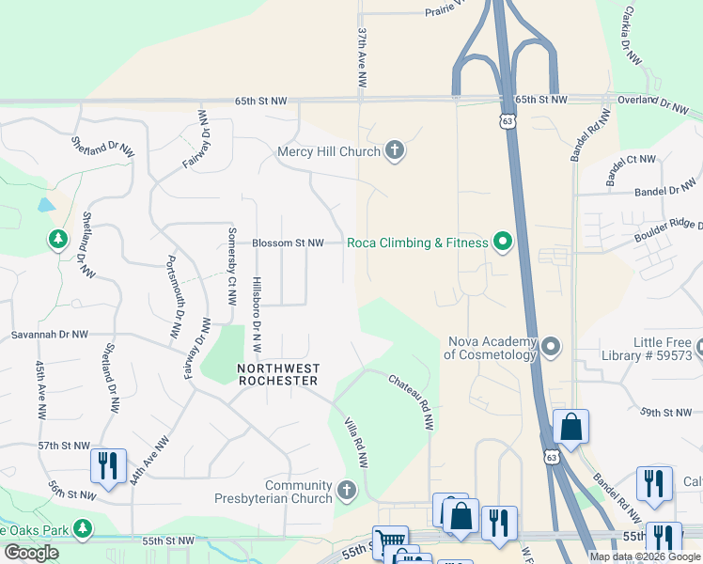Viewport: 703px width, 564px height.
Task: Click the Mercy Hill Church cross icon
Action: pos(395,151)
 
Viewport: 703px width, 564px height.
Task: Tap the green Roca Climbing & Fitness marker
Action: pos(503,243)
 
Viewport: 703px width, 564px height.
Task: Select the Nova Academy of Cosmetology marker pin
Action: pos(551,348)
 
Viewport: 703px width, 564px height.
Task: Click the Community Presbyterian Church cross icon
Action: pos(347,491)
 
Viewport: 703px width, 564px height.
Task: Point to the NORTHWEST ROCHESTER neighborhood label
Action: pos(278,374)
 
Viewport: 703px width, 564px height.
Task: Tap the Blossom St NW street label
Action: pos(288,243)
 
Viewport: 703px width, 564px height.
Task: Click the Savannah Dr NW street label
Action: pos(49,334)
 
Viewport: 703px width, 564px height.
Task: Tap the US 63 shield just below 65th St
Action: pos(508,121)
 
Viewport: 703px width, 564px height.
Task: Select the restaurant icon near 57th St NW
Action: pos(107,465)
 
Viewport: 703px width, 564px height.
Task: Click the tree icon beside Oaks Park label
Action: pos(84,529)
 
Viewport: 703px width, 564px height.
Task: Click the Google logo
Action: pos(31,553)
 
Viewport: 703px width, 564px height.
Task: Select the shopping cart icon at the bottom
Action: pos(390,541)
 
